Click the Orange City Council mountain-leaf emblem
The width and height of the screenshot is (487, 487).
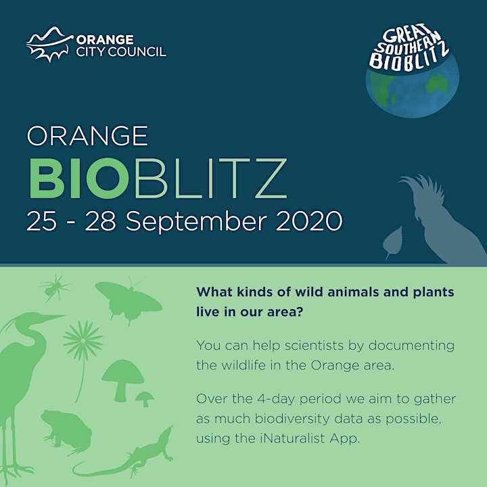click(49, 44)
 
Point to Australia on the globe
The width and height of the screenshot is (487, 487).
click(437, 83)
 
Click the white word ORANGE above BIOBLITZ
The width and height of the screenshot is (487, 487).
click(87, 136)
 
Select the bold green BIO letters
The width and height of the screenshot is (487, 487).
click(79, 179)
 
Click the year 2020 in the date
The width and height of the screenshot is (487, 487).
click(309, 221)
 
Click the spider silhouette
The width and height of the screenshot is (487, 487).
click(54, 288)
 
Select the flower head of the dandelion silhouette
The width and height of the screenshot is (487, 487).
click(83, 340)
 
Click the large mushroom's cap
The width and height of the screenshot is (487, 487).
click(122, 371)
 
